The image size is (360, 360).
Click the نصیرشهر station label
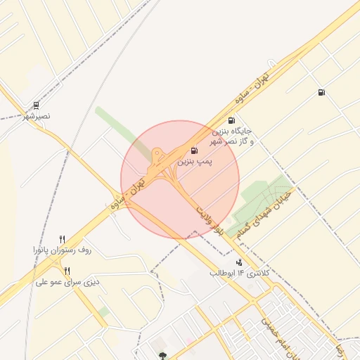pos(36,115)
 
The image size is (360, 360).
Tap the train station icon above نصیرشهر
pos(36,105)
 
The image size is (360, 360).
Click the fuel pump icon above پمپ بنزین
pos(194,150)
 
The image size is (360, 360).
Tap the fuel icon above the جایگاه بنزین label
pos(231,120)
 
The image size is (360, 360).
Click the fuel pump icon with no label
pos(321,92)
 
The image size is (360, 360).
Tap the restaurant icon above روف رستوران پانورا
pos(62,240)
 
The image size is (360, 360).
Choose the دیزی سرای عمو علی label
pos(65,282)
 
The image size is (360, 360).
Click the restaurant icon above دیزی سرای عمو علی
pos(67,271)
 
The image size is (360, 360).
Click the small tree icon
pos(163,356)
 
